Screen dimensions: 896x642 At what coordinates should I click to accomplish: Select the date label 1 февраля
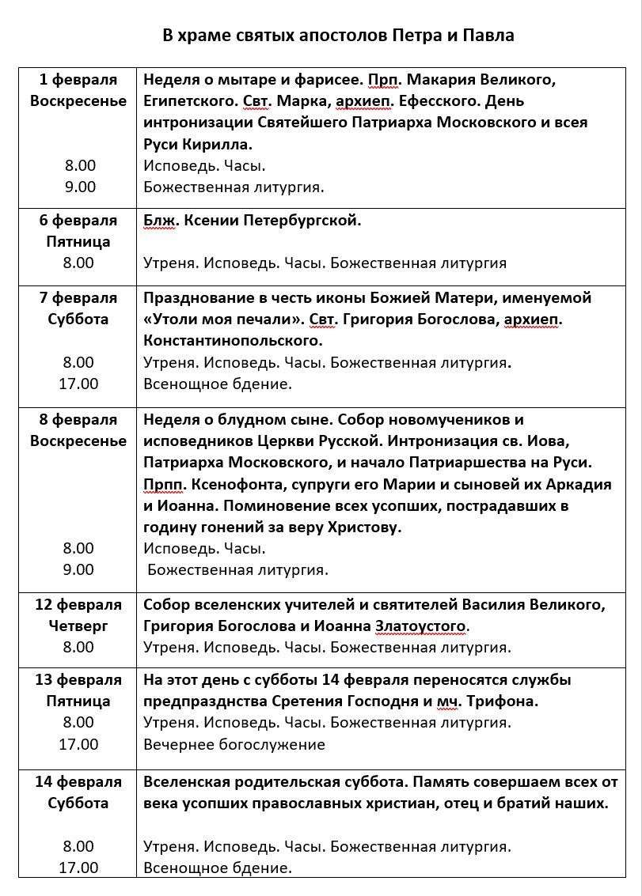pyautogui.click(x=78, y=80)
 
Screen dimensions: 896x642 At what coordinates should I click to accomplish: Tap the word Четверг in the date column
pyautogui.click(x=78, y=626)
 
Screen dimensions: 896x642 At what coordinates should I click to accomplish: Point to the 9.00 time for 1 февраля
pyautogui.click(x=78, y=187)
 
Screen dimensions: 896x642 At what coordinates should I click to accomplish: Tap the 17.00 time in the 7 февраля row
pyautogui.click(x=78, y=384)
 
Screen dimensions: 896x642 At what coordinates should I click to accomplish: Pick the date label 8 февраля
pyautogui.click(x=78, y=420)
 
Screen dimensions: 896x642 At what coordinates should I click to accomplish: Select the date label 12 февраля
pyautogui.click(x=78, y=605)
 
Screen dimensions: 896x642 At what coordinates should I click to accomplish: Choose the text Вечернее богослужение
pyautogui.click(x=234, y=744)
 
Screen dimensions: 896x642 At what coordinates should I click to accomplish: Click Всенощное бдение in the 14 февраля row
pyautogui.click(x=218, y=868)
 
